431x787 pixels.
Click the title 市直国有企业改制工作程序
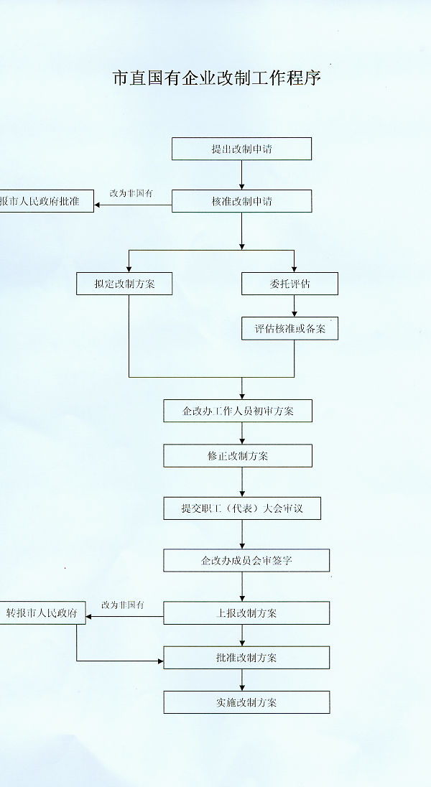point(216,78)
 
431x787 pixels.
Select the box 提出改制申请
point(241,149)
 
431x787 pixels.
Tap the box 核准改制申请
point(241,201)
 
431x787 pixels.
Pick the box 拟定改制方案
point(125,284)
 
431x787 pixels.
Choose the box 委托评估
point(289,284)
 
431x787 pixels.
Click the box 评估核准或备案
point(289,329)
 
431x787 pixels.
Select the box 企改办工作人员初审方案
point(238,411)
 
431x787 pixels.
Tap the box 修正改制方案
point(238,456)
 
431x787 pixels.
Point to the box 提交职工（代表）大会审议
point(241,508)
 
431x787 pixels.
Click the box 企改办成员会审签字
point(246,560)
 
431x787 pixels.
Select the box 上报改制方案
point(246,613)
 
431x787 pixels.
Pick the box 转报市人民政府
point(42,613)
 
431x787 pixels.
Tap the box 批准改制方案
point(246,657)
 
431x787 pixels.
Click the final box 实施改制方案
point(246,702)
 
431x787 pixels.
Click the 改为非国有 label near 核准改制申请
point(131,194)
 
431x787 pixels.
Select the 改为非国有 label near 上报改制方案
point(123,605)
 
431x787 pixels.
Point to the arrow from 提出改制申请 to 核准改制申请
point(241,174)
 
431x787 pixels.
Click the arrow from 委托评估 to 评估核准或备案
point(294,306)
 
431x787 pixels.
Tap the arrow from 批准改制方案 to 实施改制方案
point(242,680)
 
